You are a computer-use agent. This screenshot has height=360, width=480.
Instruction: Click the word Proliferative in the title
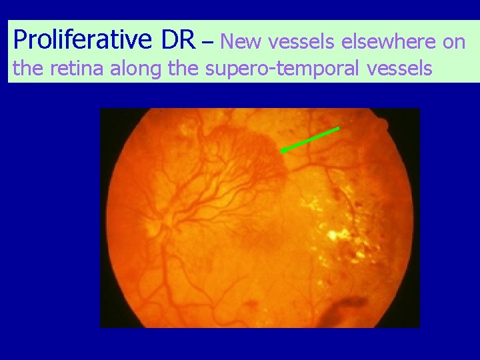pyautogui.click(x=84, y=41)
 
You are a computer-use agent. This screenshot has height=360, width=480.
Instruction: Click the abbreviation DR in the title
pyautogui.click(x=178, y=41)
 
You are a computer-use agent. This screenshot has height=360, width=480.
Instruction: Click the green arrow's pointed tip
pyautogui.click(x=281, y=152)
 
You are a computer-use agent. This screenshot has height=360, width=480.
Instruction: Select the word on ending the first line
pyautogui.click(x=454, y=42)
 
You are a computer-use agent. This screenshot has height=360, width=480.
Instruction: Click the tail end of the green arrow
pyautogui.click(x=338, y=127)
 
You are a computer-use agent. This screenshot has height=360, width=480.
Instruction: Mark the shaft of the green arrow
pyautogui.click(x=311, y=139)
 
